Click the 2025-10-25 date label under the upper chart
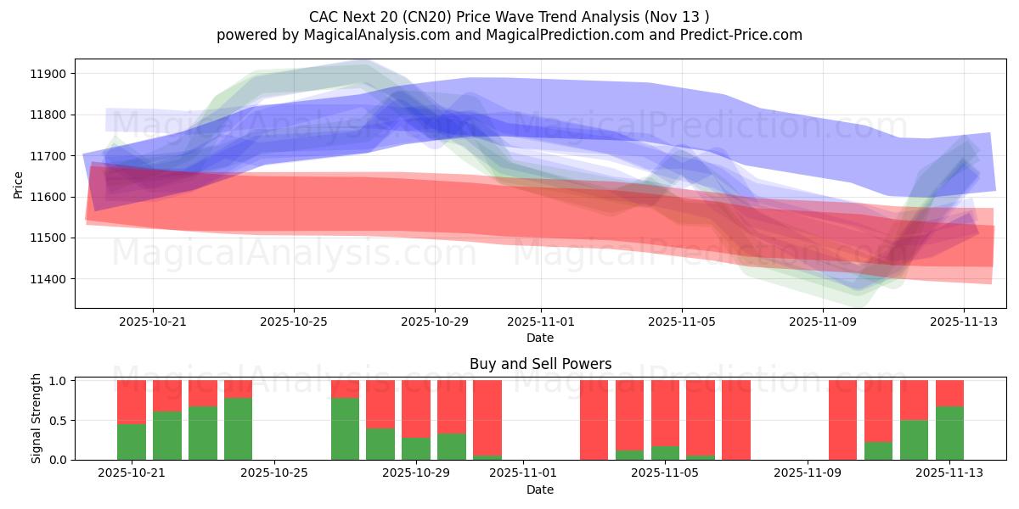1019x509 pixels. [294, 322]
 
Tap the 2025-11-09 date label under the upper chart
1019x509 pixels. [822, 322]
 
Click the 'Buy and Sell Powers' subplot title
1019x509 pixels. [540, 364]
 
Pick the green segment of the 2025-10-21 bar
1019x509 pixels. [132, 442]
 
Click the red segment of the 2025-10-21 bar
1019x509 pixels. [132, 401]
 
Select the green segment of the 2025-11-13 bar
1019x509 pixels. [949, 433]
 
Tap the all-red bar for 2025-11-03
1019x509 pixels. [594, 420]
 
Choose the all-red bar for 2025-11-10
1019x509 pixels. [842, 420]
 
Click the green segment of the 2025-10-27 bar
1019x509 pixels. [345, 428]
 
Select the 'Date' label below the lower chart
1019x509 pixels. [540, 489]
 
